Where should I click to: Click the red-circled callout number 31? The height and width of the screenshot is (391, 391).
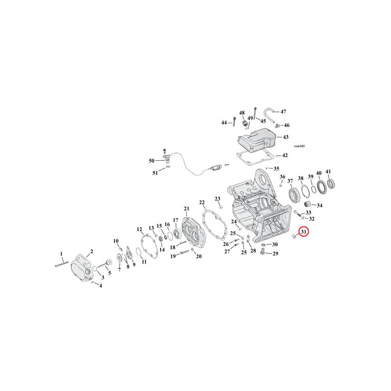point(304,232)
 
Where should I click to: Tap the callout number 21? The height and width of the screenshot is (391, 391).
point(187,209)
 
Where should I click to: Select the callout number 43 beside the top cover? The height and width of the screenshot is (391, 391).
point(285,137)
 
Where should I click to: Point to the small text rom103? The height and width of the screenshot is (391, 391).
point(299,146)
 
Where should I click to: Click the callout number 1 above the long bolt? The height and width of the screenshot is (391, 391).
point(62,254)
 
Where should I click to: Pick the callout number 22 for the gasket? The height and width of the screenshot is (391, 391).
point(202,202)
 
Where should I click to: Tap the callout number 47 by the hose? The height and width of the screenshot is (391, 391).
point(283,111)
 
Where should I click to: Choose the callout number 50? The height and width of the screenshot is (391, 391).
point(152,161)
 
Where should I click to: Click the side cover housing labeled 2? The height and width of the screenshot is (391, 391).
point(82,267)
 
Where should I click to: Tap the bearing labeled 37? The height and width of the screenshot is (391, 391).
point(294,196)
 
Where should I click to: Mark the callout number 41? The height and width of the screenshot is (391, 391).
point(328,172)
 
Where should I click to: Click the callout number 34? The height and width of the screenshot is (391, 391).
point(320,205)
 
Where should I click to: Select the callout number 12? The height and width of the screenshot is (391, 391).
point(139,229)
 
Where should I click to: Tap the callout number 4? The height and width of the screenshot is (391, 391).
point(101,286)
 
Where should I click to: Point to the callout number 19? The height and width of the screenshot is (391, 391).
point(173,256)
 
